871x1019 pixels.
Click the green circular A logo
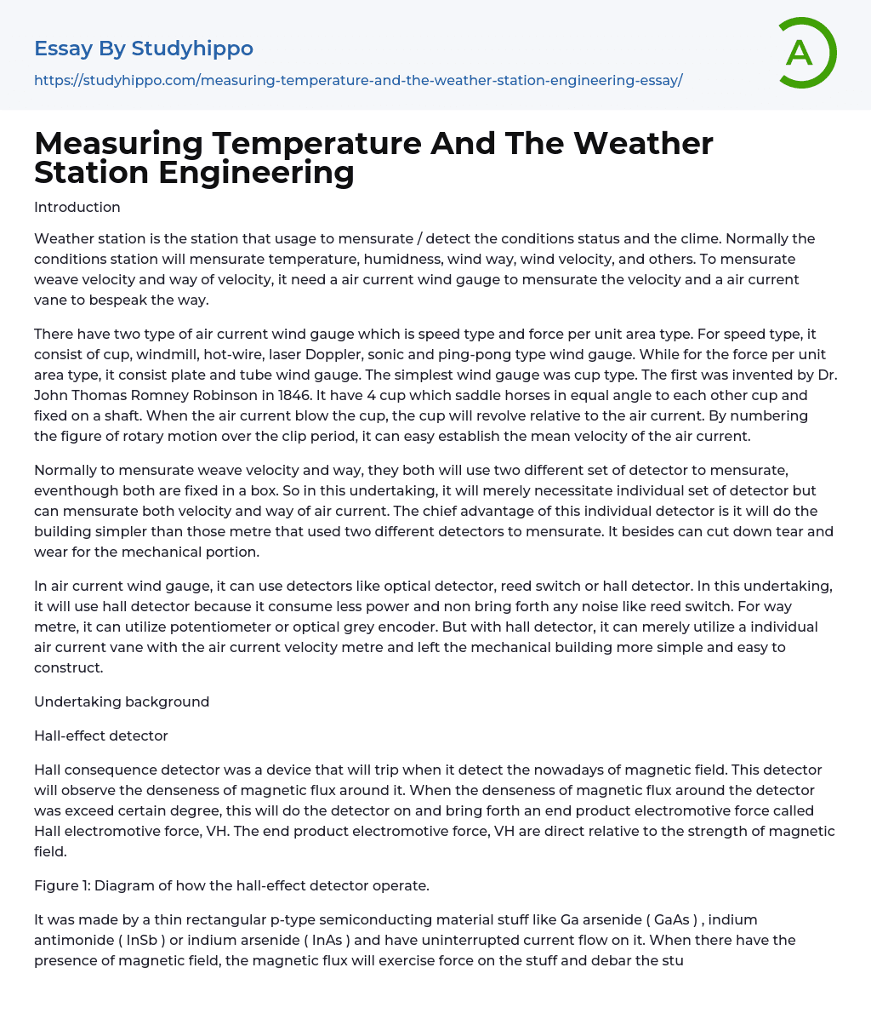coord(804,53)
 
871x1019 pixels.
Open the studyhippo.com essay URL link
coord(358,81)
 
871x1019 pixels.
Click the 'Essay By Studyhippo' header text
coord(144,49)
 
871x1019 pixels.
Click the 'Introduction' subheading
coord(77,207)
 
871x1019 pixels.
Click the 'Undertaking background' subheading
coord(122,701)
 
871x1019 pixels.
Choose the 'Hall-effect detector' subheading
coord(101,736)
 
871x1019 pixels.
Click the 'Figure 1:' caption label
coord(62,885)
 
